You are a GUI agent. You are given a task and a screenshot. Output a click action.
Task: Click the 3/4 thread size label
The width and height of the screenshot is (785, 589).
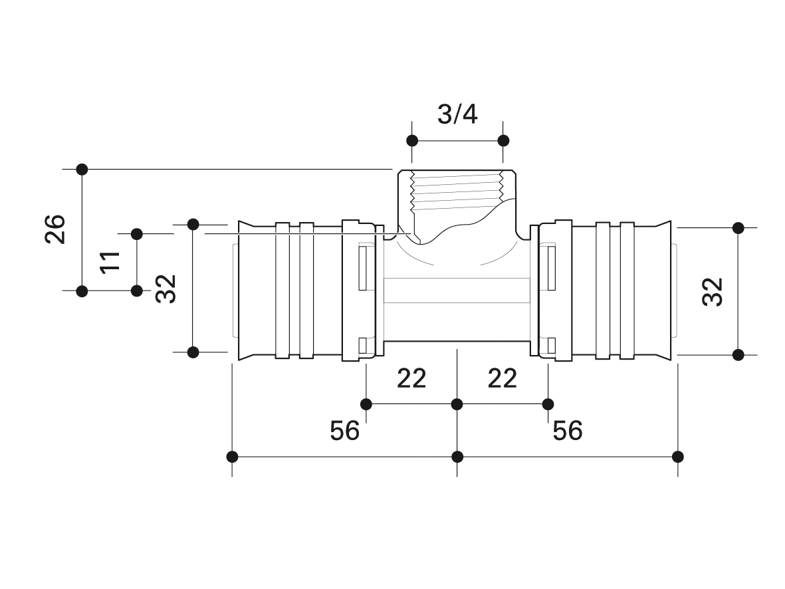pos(457,114)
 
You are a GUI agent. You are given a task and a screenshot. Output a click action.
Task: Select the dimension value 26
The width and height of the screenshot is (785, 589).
pos(56,229)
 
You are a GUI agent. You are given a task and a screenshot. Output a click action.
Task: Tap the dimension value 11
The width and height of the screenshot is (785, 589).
pos(110,261)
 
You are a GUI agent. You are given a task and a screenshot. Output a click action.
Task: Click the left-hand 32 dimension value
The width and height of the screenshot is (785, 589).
pos(166,289)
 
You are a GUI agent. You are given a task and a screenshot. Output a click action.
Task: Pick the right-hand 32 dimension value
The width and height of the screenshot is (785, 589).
pos(713,291)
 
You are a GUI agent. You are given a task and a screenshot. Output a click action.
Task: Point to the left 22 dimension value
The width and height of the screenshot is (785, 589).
pos(411,379)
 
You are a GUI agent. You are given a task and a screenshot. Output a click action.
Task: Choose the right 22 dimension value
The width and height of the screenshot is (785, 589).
pos(502,379)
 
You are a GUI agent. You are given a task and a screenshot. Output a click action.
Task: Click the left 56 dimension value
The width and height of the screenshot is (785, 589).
pos(344,431)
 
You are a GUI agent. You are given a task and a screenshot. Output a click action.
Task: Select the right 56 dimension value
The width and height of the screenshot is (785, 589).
pos(568,431)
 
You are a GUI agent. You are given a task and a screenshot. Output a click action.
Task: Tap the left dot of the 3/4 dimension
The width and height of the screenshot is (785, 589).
pos(412,141)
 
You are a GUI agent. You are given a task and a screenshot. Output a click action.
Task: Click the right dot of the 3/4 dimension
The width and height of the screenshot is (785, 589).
pos(504,141)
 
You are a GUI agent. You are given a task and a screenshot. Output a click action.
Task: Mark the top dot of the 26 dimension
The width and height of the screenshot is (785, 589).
pos(82,170)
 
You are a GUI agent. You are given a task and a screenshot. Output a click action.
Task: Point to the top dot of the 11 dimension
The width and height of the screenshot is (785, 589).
pos(137,234)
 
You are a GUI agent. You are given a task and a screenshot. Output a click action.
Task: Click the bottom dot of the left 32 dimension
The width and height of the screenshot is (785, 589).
pos(193,352)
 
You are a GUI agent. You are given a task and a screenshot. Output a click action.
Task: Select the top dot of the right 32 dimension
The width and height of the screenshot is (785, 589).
pos(738,229)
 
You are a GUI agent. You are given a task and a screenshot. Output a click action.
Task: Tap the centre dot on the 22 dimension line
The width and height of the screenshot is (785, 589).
pos(457,404)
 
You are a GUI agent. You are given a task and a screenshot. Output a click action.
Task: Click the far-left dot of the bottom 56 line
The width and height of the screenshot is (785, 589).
pos(232,457)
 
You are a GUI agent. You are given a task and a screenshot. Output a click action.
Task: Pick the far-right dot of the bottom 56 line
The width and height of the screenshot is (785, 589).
pos(678,457)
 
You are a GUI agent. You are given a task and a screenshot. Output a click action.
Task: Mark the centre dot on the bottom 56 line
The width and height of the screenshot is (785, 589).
pos(457,457)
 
